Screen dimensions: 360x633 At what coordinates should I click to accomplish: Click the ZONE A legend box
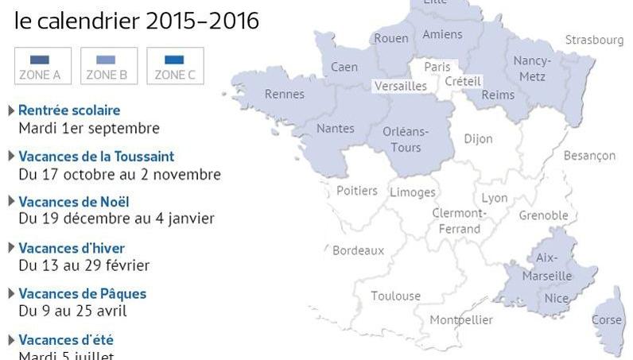(43, 66)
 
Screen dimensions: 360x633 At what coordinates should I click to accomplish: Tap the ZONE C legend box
(175, 66)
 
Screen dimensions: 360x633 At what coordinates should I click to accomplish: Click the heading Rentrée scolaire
(69, 110)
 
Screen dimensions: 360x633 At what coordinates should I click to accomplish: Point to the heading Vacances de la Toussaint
(96, 157)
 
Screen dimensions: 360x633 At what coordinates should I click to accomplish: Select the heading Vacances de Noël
(73, 202)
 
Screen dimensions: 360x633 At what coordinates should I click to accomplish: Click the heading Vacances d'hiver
(72, 248)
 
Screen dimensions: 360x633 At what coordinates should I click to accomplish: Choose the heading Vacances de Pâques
(82, 293)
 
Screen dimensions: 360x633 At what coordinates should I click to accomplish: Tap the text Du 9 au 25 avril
(72, 311)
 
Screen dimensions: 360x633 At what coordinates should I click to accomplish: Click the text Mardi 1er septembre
(89, 128)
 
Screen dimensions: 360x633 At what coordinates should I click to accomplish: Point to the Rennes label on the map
(285, 95)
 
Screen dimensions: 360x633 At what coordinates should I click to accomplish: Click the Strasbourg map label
(594, 40)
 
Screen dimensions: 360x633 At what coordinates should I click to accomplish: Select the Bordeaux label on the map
(358, 250)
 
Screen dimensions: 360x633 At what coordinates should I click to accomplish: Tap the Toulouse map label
(395, 296)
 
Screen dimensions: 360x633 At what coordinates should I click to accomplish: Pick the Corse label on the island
(606, 319)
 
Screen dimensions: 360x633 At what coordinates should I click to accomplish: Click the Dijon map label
(478, 138)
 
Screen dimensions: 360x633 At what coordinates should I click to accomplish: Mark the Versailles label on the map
(402, 86)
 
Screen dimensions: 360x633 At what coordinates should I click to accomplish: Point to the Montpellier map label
(461, 319)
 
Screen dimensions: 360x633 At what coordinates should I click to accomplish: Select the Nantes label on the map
(335, 128)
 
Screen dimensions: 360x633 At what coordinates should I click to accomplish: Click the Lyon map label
(494, 198)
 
